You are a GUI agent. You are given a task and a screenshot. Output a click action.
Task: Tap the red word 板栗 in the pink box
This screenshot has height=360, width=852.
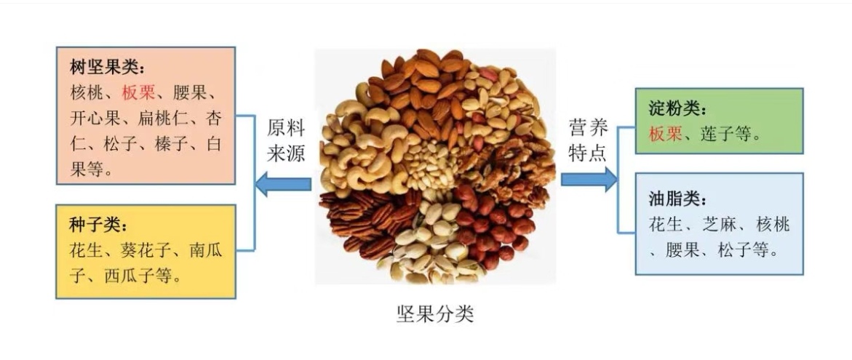point(139,93)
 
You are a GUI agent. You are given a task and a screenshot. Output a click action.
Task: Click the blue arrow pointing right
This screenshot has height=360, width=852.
point(588,179)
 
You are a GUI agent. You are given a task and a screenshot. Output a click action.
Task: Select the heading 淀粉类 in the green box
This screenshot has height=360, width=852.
point(674,110)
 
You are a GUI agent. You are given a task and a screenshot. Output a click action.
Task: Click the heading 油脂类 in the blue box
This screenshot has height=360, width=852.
point(674,199)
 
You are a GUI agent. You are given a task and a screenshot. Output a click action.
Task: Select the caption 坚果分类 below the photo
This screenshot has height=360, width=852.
point(435,314)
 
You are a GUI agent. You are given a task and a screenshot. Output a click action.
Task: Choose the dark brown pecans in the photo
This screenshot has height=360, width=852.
point(364,222)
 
